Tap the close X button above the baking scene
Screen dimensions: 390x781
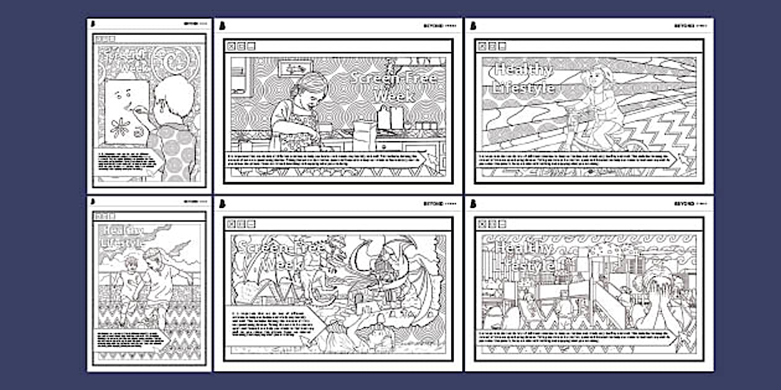click(x=231, y=46)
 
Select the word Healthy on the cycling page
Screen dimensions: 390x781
click(x=523, y=70)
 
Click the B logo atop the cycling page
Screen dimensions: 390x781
click(x=473, y=25)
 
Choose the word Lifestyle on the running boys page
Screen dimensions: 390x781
click(x=122, y=243)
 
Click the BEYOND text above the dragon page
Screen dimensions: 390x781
click(x=432, y=203)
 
